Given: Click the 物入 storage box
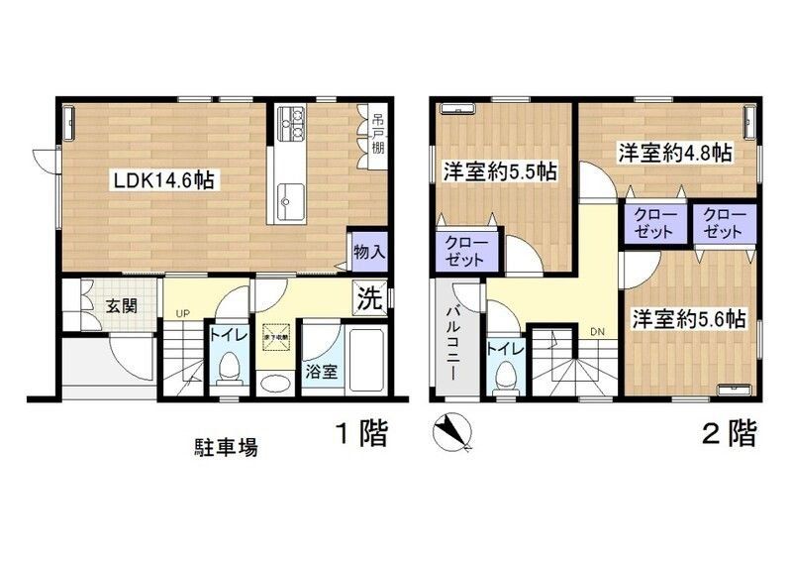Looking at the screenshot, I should pyautogui.click(x=368, y=252).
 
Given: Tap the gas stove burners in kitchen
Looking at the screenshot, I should pyautogui.click(x=292, y=125).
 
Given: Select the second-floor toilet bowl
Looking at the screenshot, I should pyautogui.click(x=504, y=376).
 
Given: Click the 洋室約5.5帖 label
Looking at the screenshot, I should pyautogui.click(x=499, y=171).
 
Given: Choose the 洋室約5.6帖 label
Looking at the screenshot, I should pyautogui.click(x=689, y=319).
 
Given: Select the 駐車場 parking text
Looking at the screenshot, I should pyautogui.click(x=226, y=447).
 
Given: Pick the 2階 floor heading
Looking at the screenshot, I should pyautogui.click(x=729, y=433).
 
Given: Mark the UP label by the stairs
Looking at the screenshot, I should pyautogui.click(x=182, y=314).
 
